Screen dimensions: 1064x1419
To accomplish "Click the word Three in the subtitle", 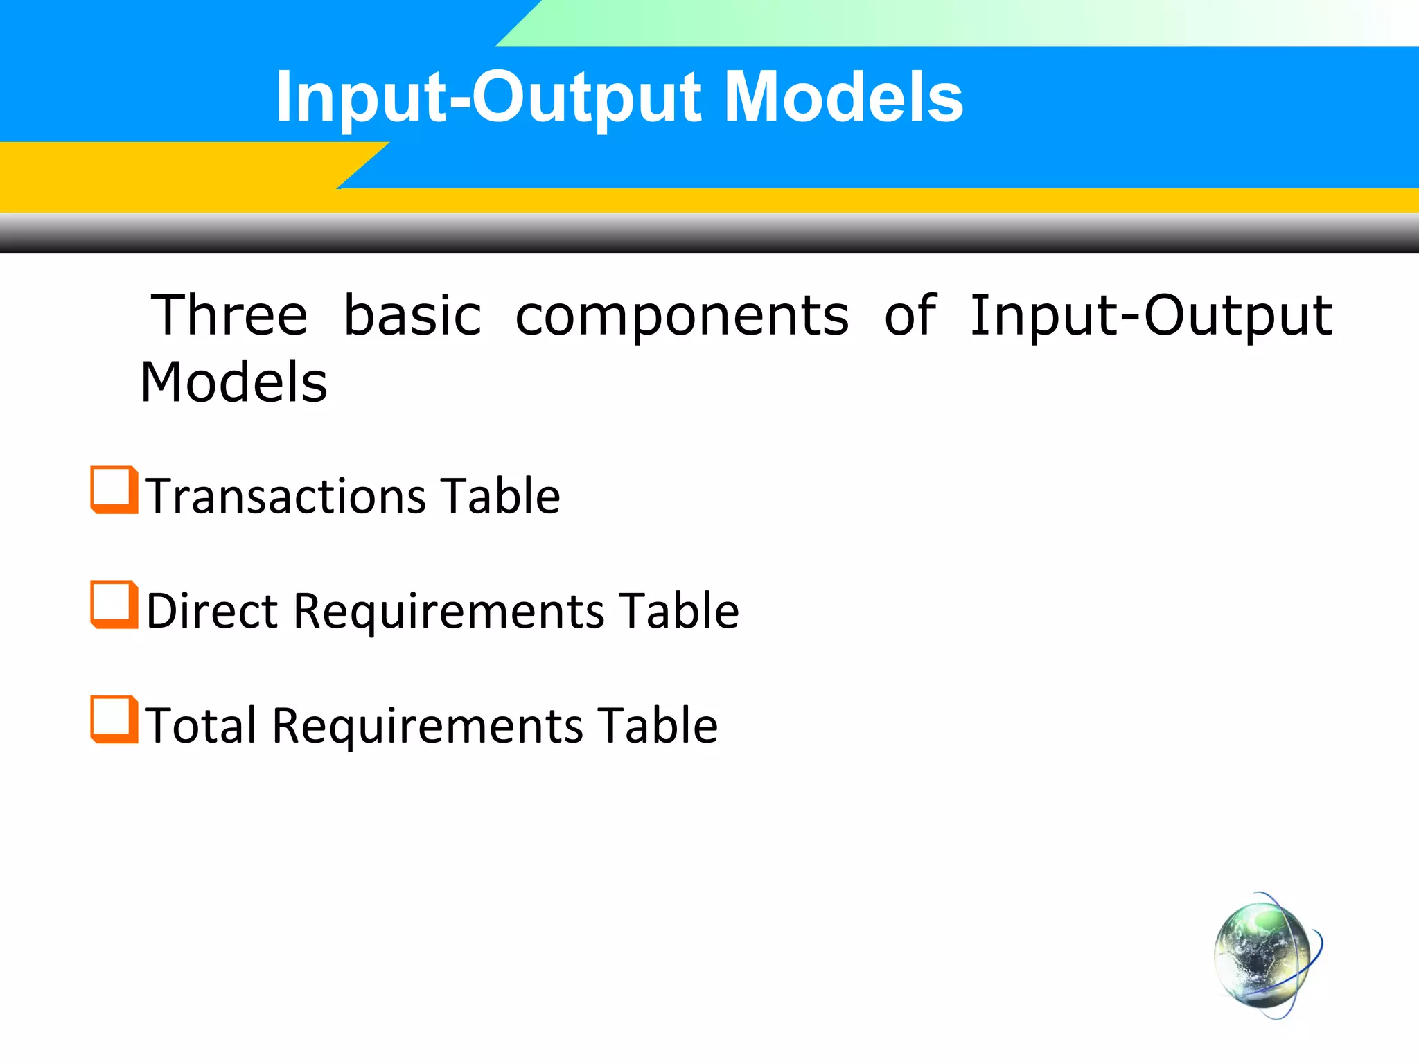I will tap(229, 316).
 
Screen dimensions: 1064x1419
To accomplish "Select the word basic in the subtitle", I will tap(412, 316).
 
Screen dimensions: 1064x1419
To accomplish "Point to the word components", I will tap(682, 317).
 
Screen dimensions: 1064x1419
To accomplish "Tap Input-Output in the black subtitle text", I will tap(1150, 316).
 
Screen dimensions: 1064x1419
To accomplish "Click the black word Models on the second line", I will tap(234, 382).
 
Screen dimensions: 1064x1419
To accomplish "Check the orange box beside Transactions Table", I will tap(113, 490).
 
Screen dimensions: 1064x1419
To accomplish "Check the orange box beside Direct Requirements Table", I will tap(113, 605).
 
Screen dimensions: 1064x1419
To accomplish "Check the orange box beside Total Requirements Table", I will tap(113, 720).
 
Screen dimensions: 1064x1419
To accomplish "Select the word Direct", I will tap(212, 611).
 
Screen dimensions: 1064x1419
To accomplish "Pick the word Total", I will tap(201, 726).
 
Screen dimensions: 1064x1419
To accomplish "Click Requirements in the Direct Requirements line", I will tap(449, 612).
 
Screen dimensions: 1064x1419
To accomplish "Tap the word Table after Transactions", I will tap(500, 497).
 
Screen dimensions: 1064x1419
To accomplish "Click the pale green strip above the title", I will tap(901, 22).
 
